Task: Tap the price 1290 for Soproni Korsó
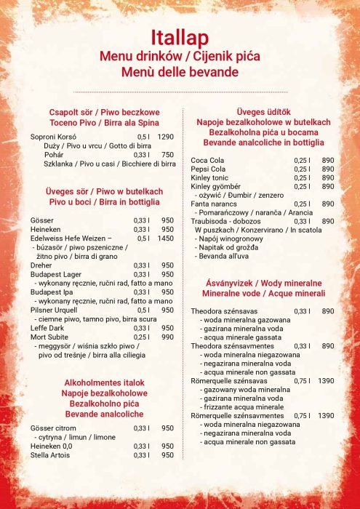click(166, 137)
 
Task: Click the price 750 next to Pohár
click(167, 155)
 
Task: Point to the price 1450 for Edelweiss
click(166, 239)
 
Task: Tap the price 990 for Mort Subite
click(167, 337)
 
